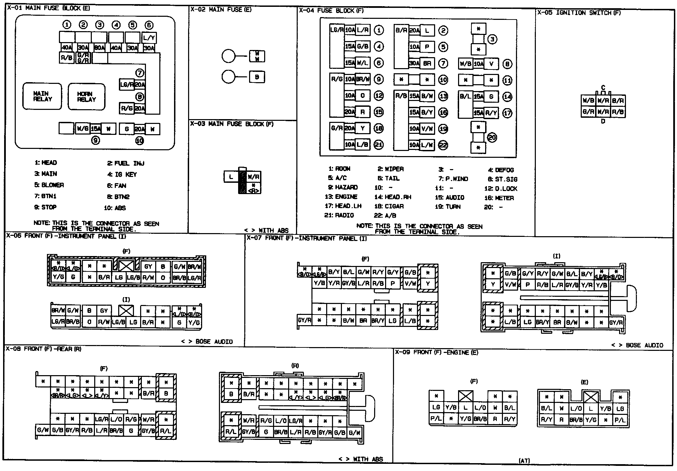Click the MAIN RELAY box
pyautogui.click(x=42, y=96)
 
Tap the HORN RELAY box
pyautogui.click(x=86, y=97)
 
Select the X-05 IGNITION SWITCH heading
pyautogui.click(x=579, y=13)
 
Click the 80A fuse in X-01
pyautogui.click(x=99, y=48)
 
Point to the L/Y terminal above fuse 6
pyautogui.click(x=149, y=38)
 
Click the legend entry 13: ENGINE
pyautogui.click(x=341, y=197)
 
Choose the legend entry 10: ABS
pyautogui.click(x=115, y=208)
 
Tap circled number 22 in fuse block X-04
pyautogui.click(x=443, y=145)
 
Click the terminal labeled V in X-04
pyautogui.click(x=491, y=64)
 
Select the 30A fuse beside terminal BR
pyautogui.click(x=414, y=63)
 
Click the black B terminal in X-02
pyautogui.click(x=257, y=77)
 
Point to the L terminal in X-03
pyautogui.click(x=231, y=177)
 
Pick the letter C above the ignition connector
pyautogui.click(x=603, y=88)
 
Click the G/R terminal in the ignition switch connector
pyautogui.click(x=588, y=112)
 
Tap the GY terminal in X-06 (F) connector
pyautogui.click(x=148, y=267)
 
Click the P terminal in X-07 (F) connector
pyautogui.click(x=393, y=283)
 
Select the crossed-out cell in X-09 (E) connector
pyautogui.click(x=590, y=397)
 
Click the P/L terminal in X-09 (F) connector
pyautogui.click(x=436, y=419)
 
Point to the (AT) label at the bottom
pyautogui.click(x=524, y=461)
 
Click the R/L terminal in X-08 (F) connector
pyautogui.click(x=166, y=431)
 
